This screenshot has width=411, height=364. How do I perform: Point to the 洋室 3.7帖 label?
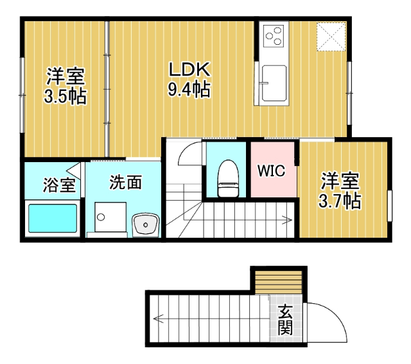coord(340,190)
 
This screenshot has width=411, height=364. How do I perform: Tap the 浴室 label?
coord(59,186)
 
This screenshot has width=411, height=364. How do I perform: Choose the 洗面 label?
coord(125,183)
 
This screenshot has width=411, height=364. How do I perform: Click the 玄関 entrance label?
coord(285,320)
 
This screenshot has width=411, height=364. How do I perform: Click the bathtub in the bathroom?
coord(51,219)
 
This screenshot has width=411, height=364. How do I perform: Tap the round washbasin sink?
coord(146,225)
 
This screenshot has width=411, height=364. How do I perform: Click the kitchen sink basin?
coord(274,83)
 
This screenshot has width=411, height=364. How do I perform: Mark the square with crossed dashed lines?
coord(332,36)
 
